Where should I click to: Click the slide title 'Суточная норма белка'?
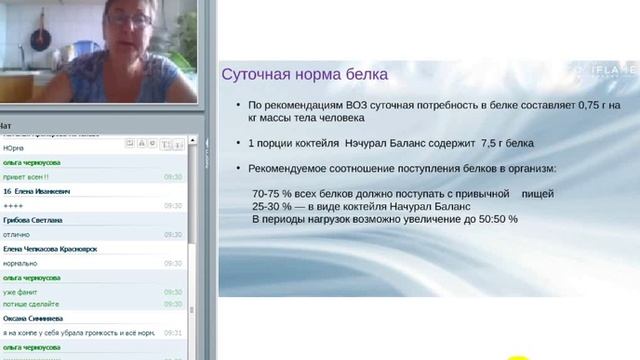pos(304,74)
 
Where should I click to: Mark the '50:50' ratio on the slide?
pos(491,219)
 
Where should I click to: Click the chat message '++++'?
pos(15,204)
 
